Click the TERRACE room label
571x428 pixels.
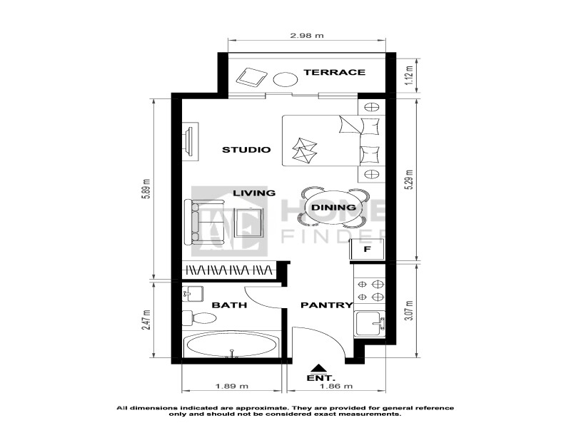(x=334, y=72)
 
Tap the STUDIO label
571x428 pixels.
(x=246, y=150)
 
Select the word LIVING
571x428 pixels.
(x=254, y=193)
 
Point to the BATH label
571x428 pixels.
(x=229, y=305)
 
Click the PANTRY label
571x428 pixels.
(x=327, y=305)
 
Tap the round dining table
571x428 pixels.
(x=333, y=208)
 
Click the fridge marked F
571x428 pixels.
(x=367, y=249)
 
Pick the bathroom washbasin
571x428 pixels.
(x=192, y=293)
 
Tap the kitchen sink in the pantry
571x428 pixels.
(x=370, y=323)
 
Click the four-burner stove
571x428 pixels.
(x=370, y=290)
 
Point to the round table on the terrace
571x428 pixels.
(x=285, y=79)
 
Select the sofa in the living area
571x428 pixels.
(x=191, y=223)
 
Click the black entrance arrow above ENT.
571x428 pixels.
(x=318, y=367)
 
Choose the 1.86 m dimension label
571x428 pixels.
(x=335, y=386)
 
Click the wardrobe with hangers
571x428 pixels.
(x=229, y=270)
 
